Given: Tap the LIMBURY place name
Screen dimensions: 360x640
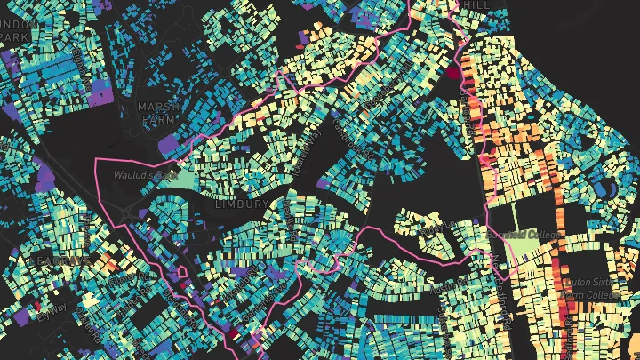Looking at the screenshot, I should tap(241, 204).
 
